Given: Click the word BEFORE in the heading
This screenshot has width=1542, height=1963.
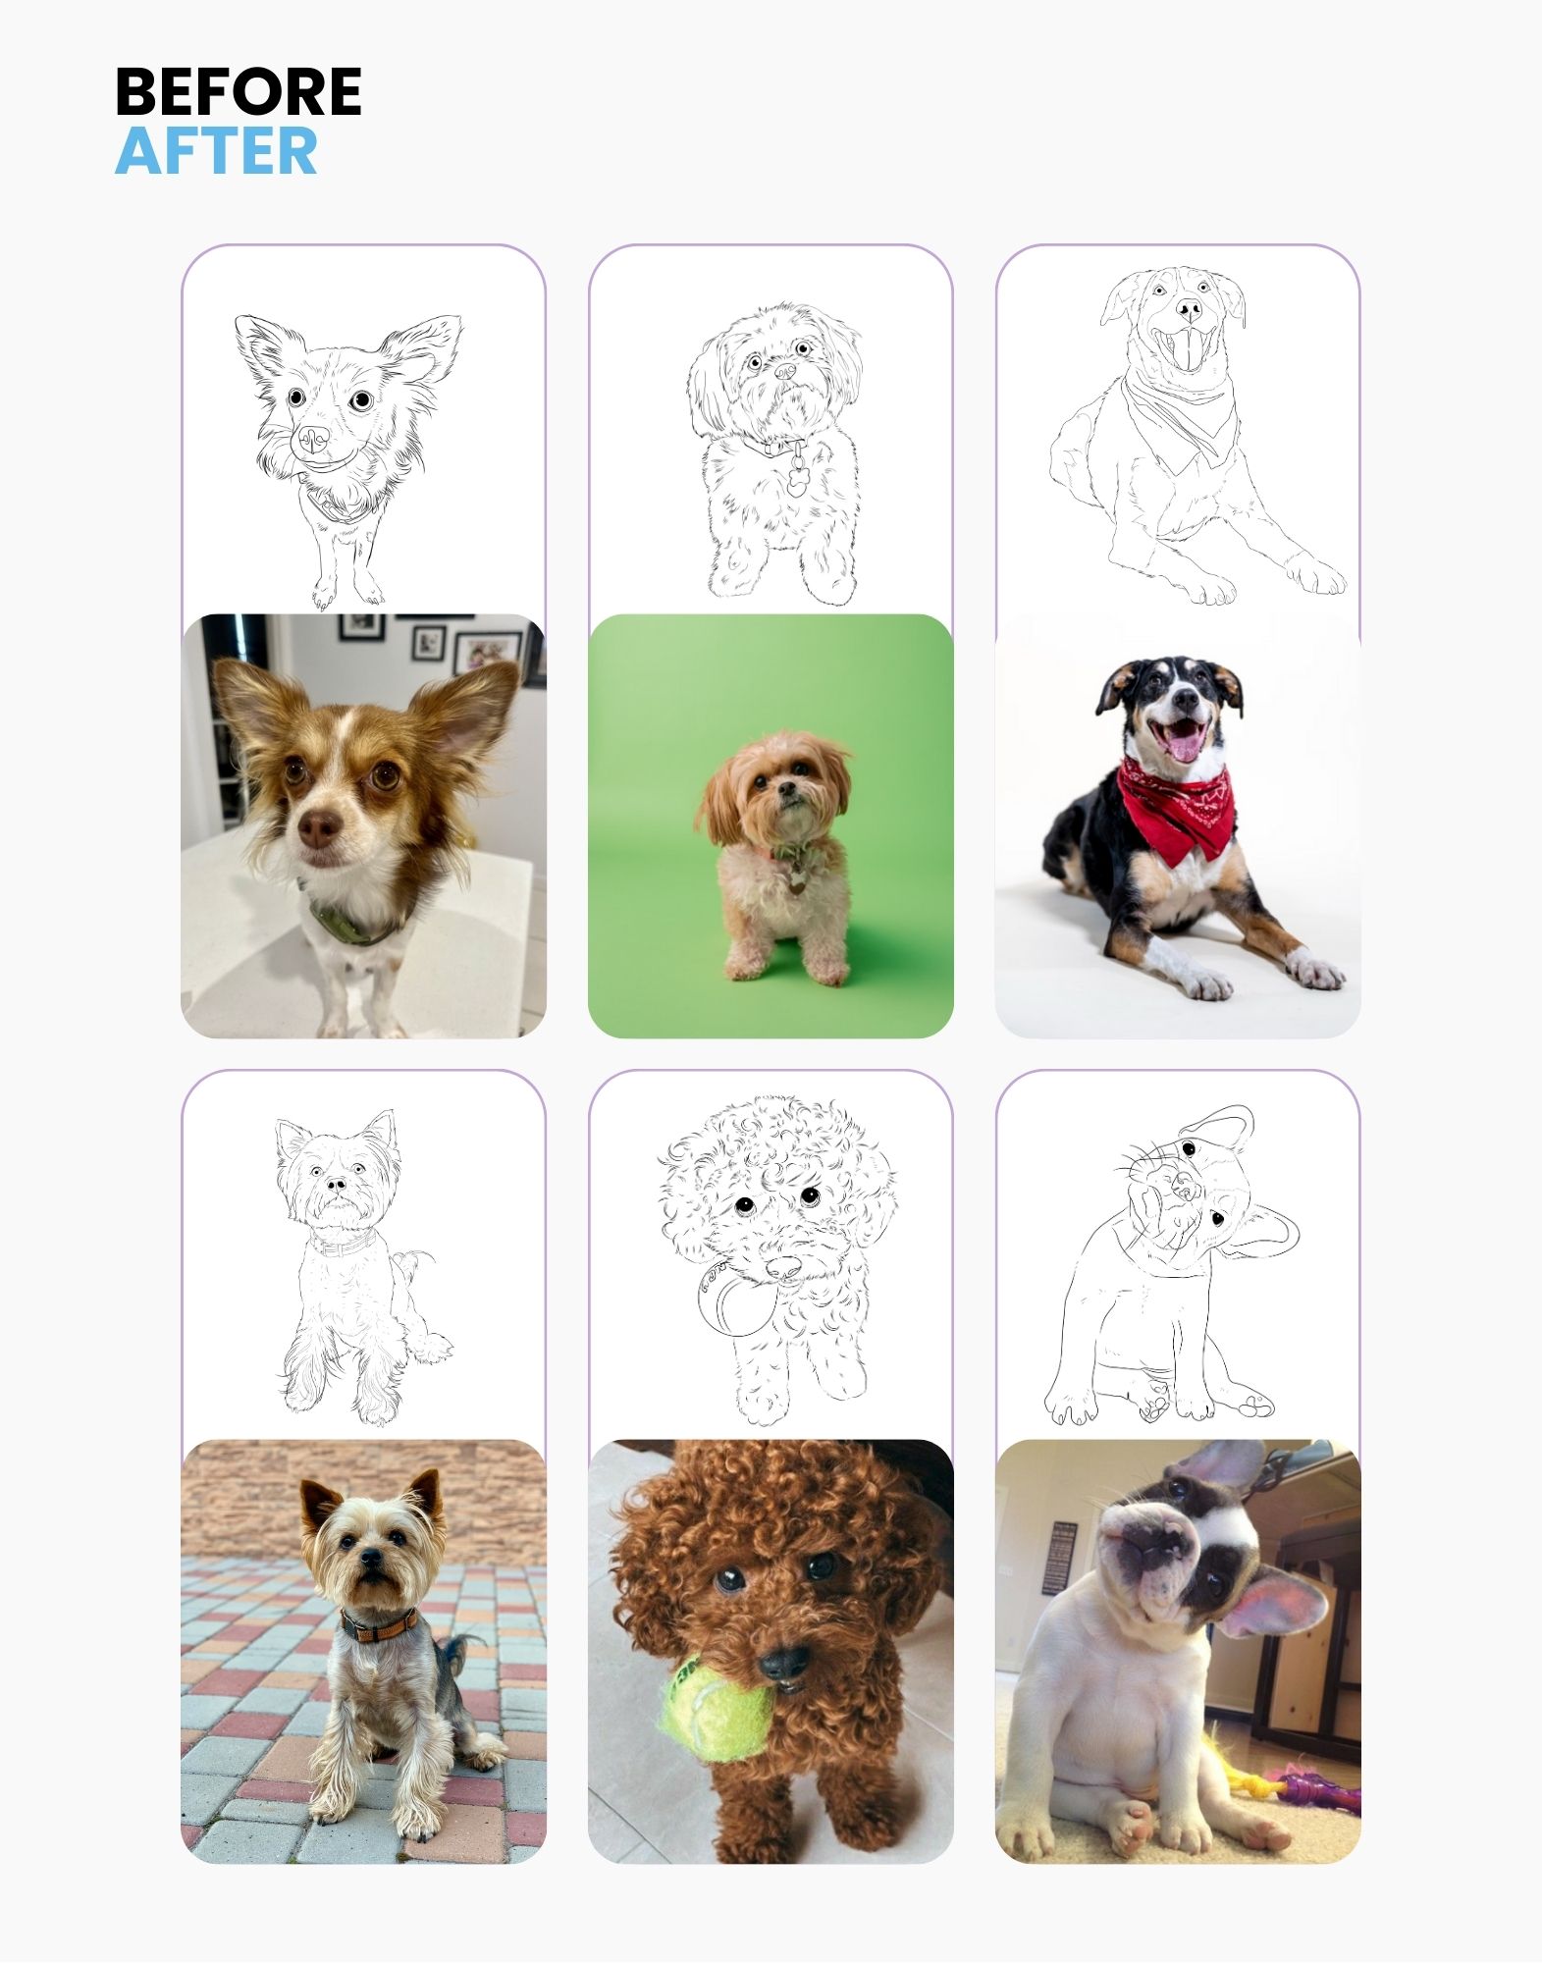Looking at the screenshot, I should tap(238, 92).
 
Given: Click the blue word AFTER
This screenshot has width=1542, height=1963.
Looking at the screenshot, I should tap(216, 151).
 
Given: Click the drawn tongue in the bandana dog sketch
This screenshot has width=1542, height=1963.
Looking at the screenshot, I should tap(1188, 350).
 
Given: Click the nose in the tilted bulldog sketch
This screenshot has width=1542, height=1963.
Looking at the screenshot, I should tap(1184, 1189).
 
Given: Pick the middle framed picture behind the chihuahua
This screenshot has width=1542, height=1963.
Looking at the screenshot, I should tap(430, 643).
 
